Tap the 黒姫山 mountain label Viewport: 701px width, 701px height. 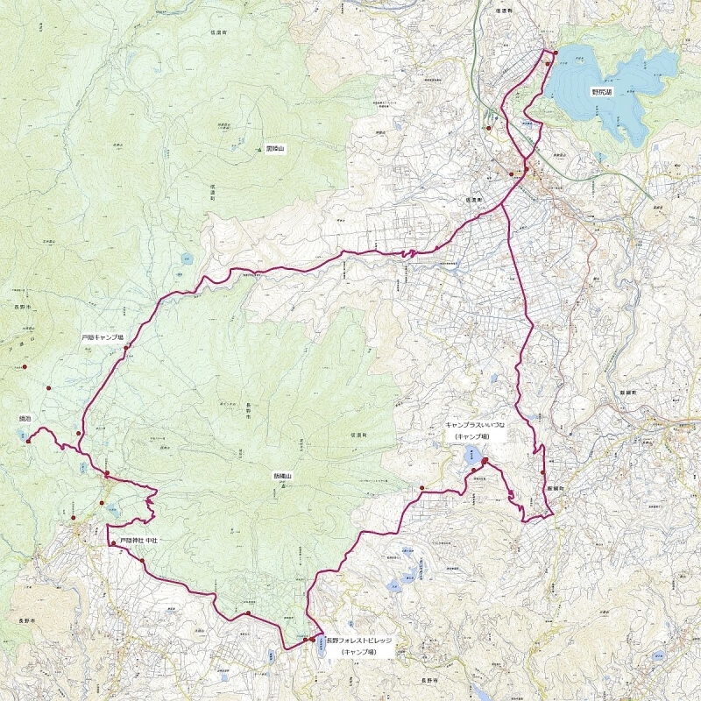click(x=277, y=149)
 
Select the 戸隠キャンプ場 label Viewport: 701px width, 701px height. click(x=103, y=336)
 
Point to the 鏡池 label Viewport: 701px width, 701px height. click(x=25, y=420)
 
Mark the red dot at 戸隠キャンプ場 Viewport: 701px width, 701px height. click(x=126, y=348)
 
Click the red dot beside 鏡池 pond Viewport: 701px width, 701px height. click(x=29, y=442)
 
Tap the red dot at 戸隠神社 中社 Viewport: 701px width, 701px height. click(x=113, y=544)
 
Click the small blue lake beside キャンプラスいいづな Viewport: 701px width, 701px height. click(x=471, y=453)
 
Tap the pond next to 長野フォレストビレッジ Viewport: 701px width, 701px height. click(x=321, y=652)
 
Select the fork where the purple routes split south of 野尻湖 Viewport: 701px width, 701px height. click(x=524, y=167)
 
